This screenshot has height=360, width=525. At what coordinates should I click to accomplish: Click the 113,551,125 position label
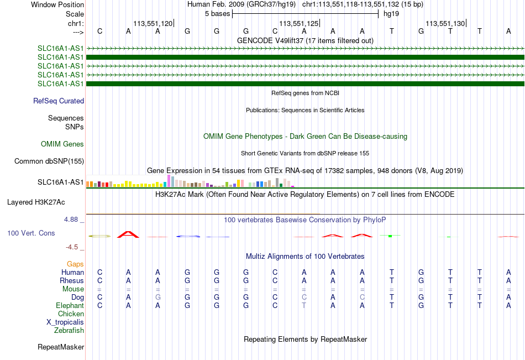[x=298, y=23]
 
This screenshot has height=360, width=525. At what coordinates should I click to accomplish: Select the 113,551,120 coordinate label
[x=153, y=23]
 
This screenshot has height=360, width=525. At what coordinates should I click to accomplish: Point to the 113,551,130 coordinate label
[x=445, y=23]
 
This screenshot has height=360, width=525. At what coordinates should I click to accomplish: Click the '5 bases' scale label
[x=218, y=14]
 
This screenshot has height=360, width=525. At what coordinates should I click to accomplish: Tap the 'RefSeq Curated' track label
[x=59, y=101]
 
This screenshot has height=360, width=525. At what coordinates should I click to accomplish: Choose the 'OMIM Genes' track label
[x=62, y=144]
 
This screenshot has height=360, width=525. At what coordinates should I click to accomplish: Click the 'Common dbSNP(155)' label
[x=49, y=161]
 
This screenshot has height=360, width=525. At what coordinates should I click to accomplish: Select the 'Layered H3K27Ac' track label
[x=36, y=202]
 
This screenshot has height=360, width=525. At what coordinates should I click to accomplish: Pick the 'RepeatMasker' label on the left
[x=61, y=347]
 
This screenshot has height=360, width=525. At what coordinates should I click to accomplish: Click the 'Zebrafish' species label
[x=69, y=331]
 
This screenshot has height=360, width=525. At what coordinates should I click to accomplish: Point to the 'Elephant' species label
[x=70, y=306]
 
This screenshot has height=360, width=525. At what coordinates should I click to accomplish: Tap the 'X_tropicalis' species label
[x=65, y=322]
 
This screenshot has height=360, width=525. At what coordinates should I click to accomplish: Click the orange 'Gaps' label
[x=75, y=264]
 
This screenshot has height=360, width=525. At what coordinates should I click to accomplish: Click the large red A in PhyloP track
[x=128, y=234]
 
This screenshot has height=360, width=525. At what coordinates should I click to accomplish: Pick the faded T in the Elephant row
[x=304, y=306]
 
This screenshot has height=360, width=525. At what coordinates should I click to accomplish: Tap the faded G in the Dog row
[x=158, y=298]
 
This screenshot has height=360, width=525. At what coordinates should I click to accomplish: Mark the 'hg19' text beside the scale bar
[x=391, y=14]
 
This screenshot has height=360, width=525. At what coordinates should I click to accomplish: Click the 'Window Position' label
[x=57, y=4]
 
